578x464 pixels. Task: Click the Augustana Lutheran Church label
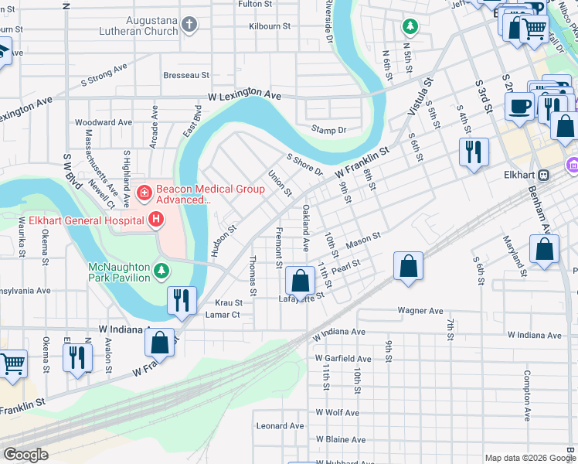(x=138, y=26)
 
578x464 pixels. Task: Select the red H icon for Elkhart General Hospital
(x=156, y=220)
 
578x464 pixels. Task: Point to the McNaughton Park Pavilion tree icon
(x=161, y=270)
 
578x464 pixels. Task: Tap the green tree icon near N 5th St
(x=410, y=27)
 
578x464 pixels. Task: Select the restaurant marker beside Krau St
(x=182, y=299)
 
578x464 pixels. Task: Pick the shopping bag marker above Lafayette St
(x=299, y=279)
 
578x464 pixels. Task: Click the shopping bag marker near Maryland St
(x=545, y=250)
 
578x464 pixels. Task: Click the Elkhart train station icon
(x=544, y=175)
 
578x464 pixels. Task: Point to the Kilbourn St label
(x=270, y=26)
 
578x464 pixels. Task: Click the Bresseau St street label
(x=186, y=76)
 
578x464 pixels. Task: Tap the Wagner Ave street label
(x=420, y=310)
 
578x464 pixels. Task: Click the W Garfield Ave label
(x=343, y=359)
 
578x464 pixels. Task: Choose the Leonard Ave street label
(x=280, y=425)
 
